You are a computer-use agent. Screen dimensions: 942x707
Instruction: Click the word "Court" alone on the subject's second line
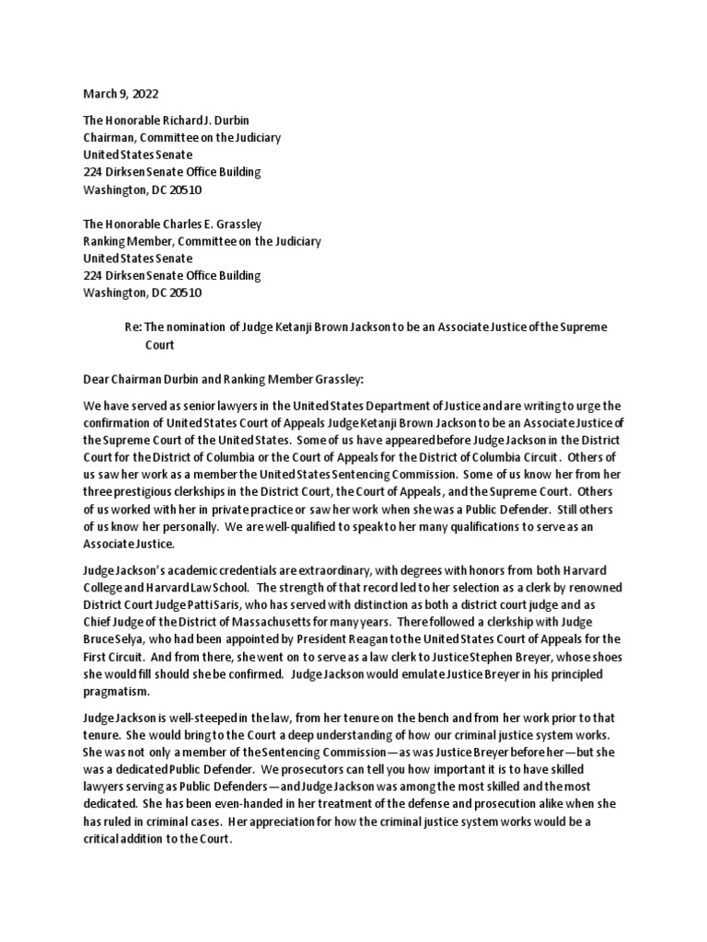pyautogui.click(x=160, y=345)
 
